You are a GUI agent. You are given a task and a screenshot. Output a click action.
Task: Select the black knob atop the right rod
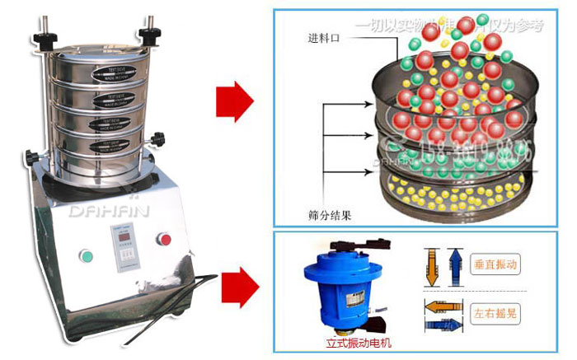click(150, 34)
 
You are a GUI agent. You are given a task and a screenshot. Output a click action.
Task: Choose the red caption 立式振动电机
click(348, 341)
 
